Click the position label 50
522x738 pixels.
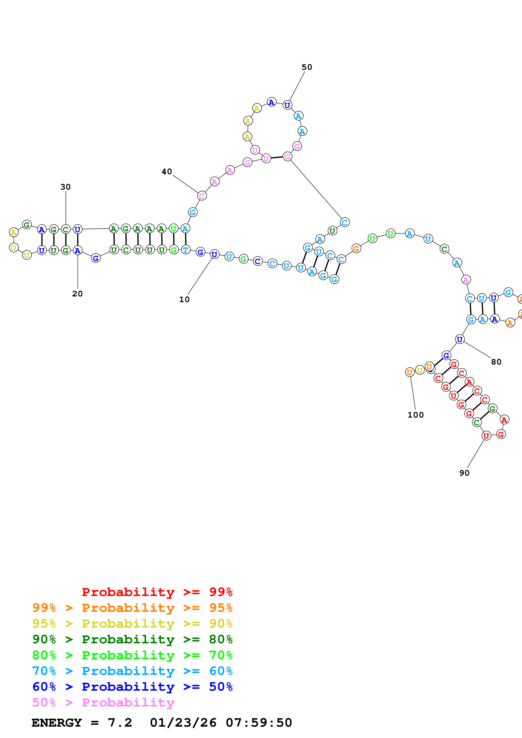click(x=307, y=67)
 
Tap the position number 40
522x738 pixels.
click(x=167, y=172)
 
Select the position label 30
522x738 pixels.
click(x=66, y=187)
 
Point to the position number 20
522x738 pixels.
click(x=77, y=294)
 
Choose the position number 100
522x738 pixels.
click(x=415, y=415)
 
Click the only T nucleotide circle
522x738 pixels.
click(x=186, y=250)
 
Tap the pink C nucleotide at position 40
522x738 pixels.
click(x=202, y=196)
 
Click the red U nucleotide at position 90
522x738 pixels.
click(x=486, y=436)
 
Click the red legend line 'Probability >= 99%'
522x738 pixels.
click(x=157, y=592)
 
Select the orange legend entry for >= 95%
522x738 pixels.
click(x=132, y=608)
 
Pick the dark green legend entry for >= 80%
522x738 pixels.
click(x=132, y=639)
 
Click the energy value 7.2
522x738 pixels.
click(x=120, y=723)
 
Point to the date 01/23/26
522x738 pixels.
click(x=183, y=723)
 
